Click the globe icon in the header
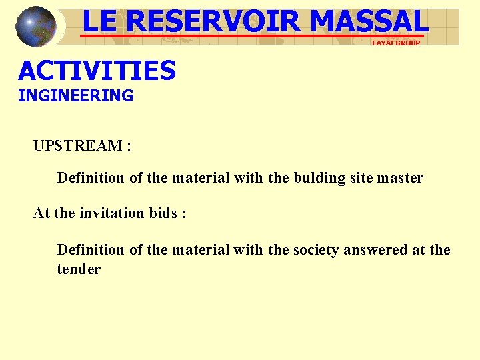[36, 27]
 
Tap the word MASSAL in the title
[368, 21]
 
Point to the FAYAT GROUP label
[396, 43]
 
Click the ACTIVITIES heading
[97, 70]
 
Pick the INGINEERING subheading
[75, 95]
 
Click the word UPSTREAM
[77, 146]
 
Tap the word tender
[79, 269]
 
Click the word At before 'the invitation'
[41, 213]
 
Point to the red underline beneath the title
[253, 35]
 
